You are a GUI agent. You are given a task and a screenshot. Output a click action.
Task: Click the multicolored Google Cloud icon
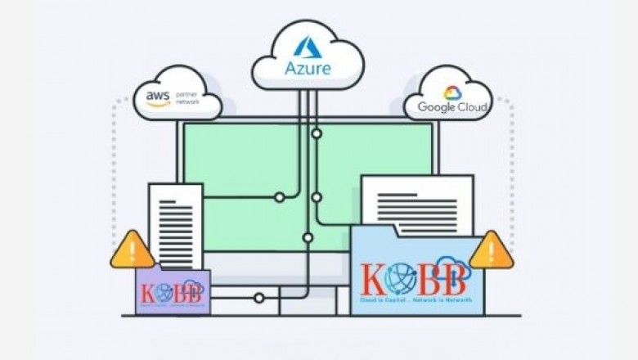[452, 92]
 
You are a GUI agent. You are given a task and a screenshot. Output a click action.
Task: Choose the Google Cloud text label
[452, 107]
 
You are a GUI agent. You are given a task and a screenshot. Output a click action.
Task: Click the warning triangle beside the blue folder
[491, 250]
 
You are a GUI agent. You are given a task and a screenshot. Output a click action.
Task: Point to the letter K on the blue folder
[374, 279]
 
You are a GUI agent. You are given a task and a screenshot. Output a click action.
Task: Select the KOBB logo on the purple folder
[173, 292]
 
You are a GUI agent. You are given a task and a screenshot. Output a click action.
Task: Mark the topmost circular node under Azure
[316, 133]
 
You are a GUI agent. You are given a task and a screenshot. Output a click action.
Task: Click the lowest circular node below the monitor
[259, 298]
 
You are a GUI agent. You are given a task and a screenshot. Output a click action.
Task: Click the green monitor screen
[245, 164]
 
